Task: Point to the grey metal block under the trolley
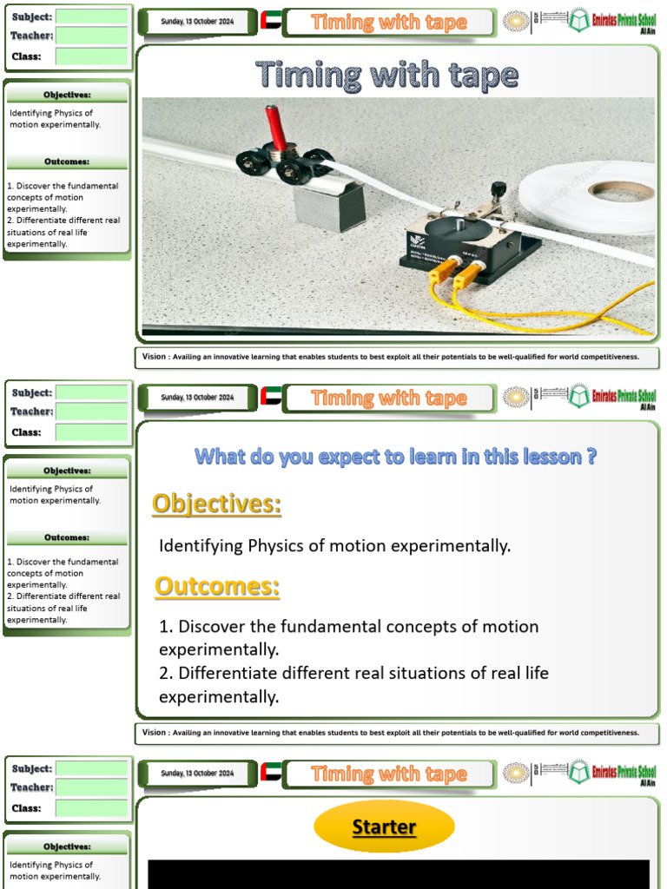328,205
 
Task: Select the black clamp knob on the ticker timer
499,189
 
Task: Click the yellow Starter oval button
384,827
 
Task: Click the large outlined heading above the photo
387,76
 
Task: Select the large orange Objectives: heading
217,504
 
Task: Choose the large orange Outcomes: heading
217,587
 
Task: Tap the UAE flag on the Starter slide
271,773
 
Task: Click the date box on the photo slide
197,22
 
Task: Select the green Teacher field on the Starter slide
91,787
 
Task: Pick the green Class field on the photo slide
91,56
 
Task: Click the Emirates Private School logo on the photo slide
612,22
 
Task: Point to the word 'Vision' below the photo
155,357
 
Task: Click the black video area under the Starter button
398,874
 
